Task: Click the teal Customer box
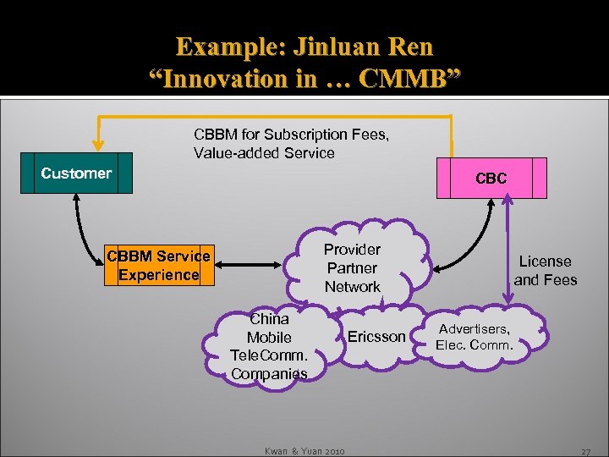click(x=76, y=173)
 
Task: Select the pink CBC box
click(x=491, y=179)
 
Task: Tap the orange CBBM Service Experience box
click(x=158, y=266)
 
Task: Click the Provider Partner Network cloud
click(x=353, y=267)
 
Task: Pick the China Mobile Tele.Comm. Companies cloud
click(x=269, y=346)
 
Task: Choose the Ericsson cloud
click(x=376, y=337)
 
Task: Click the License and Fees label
click(x=546, y=271)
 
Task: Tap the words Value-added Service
click(x=264, y=153)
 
